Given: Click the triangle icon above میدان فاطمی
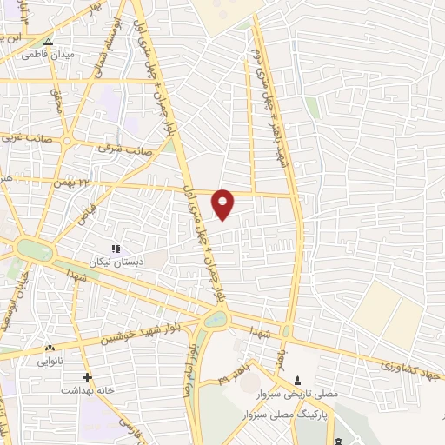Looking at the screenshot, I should click(x=48, y=41).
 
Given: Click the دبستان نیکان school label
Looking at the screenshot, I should click(x=115, y=262).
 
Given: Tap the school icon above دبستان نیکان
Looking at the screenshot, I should click(x=115, y=249).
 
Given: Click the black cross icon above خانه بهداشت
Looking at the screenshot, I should click(x=87, y=377).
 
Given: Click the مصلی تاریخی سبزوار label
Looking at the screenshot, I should click(x=301, y=395).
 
